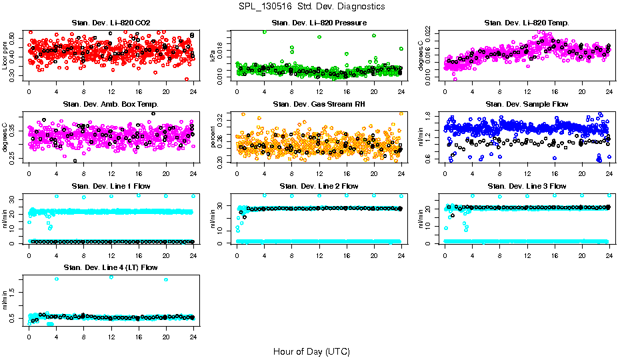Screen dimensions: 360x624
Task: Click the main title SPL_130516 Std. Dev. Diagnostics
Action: coord(311,7)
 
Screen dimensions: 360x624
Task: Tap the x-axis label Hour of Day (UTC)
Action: coord(311,351)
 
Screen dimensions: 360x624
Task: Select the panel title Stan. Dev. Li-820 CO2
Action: coord(111,23)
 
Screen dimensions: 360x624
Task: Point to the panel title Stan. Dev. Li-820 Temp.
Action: coord(527,23)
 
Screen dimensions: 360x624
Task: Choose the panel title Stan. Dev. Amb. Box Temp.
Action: coord(111,104)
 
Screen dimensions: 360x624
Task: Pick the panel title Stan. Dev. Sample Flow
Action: coord(527,104)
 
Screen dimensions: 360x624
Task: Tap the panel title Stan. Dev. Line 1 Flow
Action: coord(111,186)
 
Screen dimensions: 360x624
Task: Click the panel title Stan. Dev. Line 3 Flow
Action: coord(527,186)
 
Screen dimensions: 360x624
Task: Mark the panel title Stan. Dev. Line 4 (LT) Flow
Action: coord(111,267)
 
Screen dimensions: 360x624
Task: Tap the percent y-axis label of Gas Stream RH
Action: coord(214,137)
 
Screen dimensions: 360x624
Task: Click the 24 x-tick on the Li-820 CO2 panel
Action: coord(193,91)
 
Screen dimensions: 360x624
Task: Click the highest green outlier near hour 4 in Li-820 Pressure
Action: coord(265,31)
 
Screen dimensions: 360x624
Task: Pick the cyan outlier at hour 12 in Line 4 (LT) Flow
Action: coord(111,277)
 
